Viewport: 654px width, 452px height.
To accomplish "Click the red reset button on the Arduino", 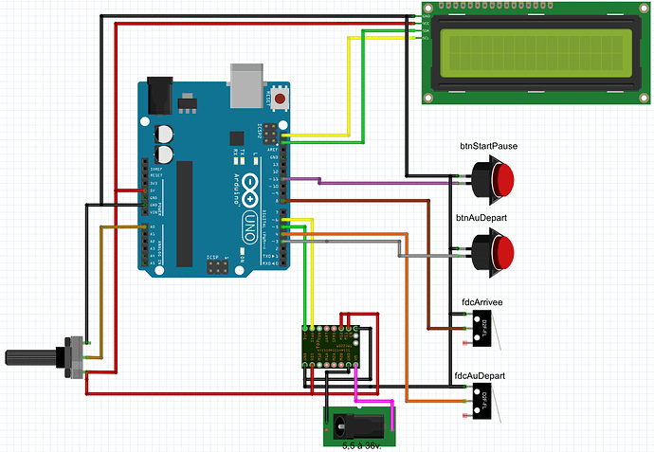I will pyautogui.click(x=280, y=97).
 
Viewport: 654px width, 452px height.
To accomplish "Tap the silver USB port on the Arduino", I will pyautogui.click(x=247, y=84).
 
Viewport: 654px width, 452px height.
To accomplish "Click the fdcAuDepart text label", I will pyautogui.click(x=480, y=375).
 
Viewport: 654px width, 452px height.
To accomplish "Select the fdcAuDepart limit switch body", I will pyautogui.click(x=483, y=397).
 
